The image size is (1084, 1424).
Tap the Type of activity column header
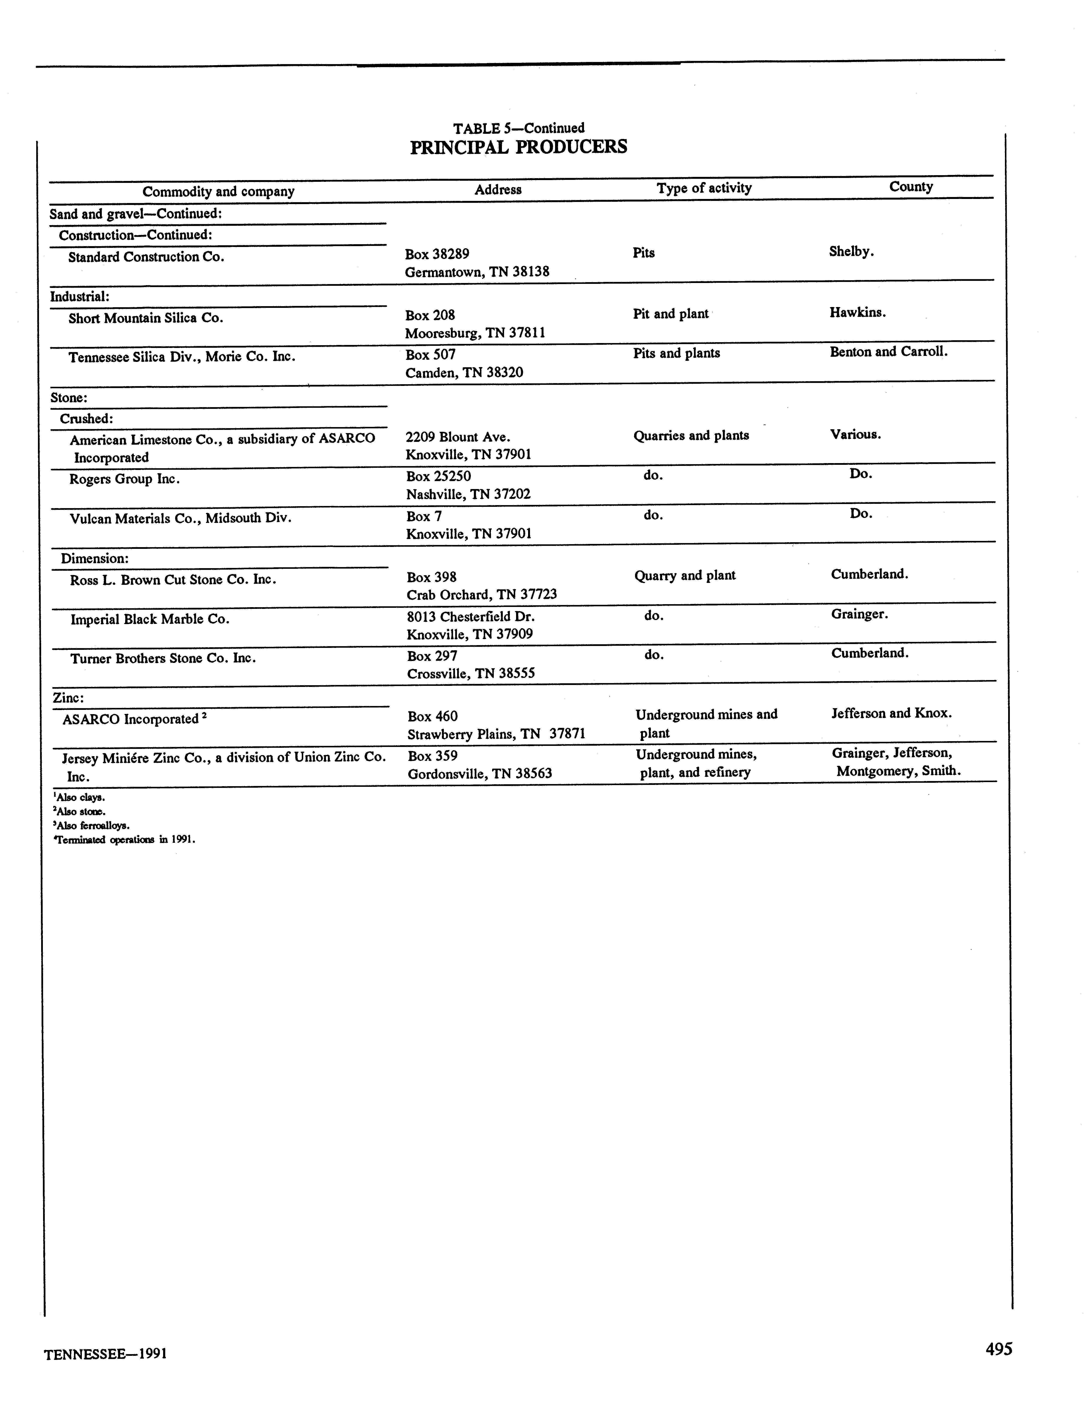[704, 188]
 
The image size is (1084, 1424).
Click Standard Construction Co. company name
[146, 257]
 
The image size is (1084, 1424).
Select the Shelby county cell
[851, 252]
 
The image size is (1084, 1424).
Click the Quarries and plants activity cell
[691, 436]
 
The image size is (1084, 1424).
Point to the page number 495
[998, 1349]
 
